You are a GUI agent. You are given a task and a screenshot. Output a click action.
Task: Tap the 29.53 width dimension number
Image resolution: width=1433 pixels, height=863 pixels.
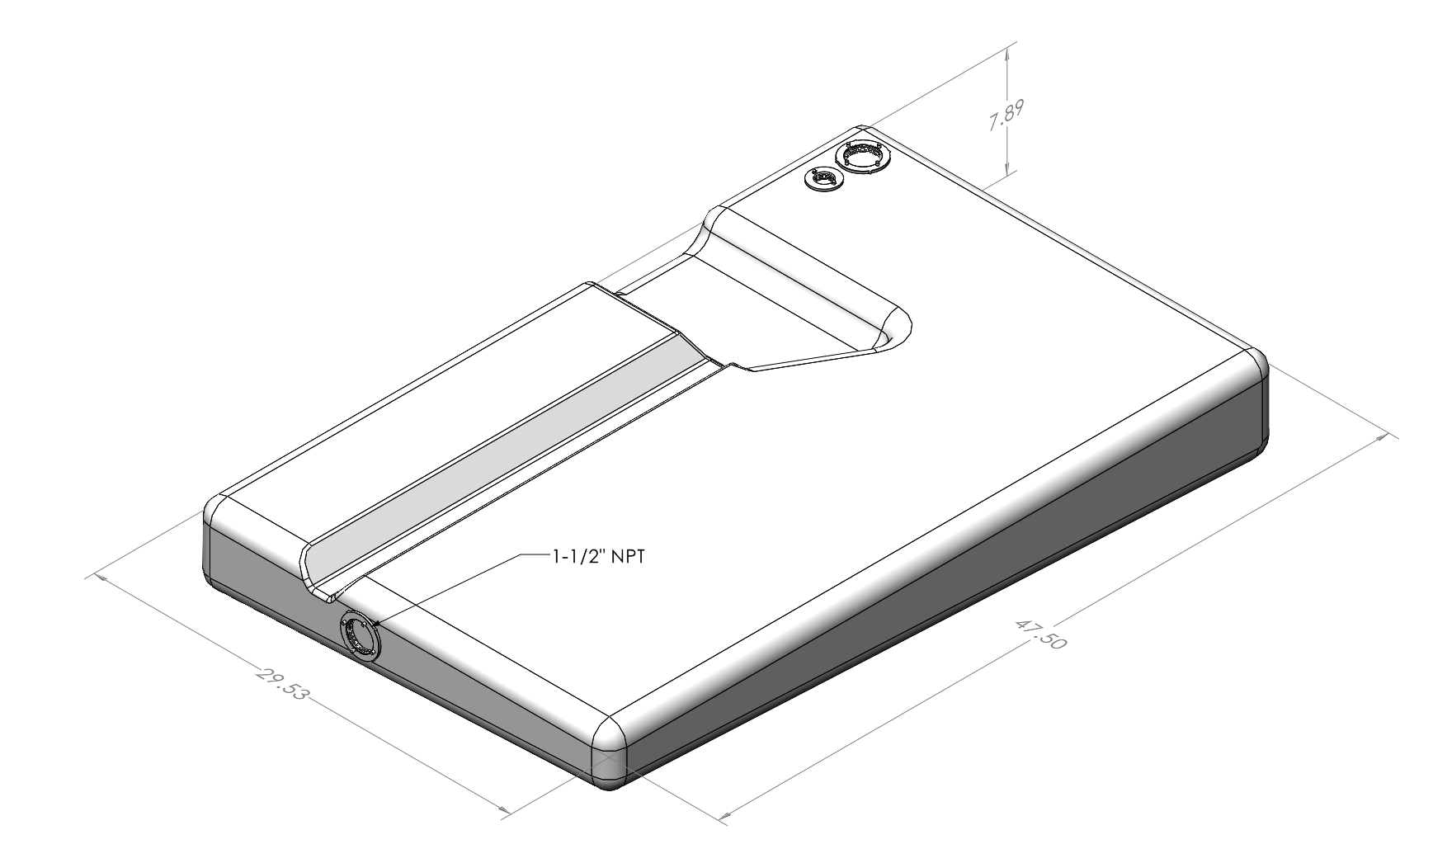[x=281, y=684]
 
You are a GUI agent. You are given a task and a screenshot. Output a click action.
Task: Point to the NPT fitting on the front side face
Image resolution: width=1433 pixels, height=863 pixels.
[x=360, y=636]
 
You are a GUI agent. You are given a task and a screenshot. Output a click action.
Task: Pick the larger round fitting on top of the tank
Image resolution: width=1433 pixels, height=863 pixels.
[x=862, y=156]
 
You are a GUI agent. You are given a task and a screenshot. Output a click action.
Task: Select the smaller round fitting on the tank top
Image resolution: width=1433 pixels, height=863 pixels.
[x=823, y=179]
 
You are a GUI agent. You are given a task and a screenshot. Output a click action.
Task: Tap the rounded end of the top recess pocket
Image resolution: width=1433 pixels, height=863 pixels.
[x=895, y=328]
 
